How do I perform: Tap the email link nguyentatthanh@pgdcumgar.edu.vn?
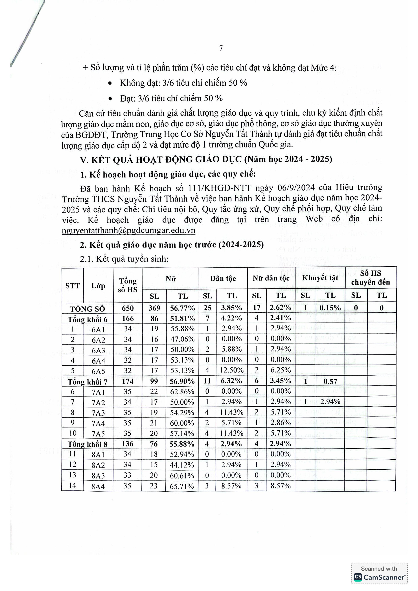tap(128, 230)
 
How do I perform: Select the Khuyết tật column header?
tap(320, 278)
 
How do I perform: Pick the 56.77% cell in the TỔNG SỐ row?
tap(182, 308)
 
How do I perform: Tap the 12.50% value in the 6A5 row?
tap(232, 370)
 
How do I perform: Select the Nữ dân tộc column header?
tap(271, 278)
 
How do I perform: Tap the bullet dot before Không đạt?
tap(110, 83)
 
